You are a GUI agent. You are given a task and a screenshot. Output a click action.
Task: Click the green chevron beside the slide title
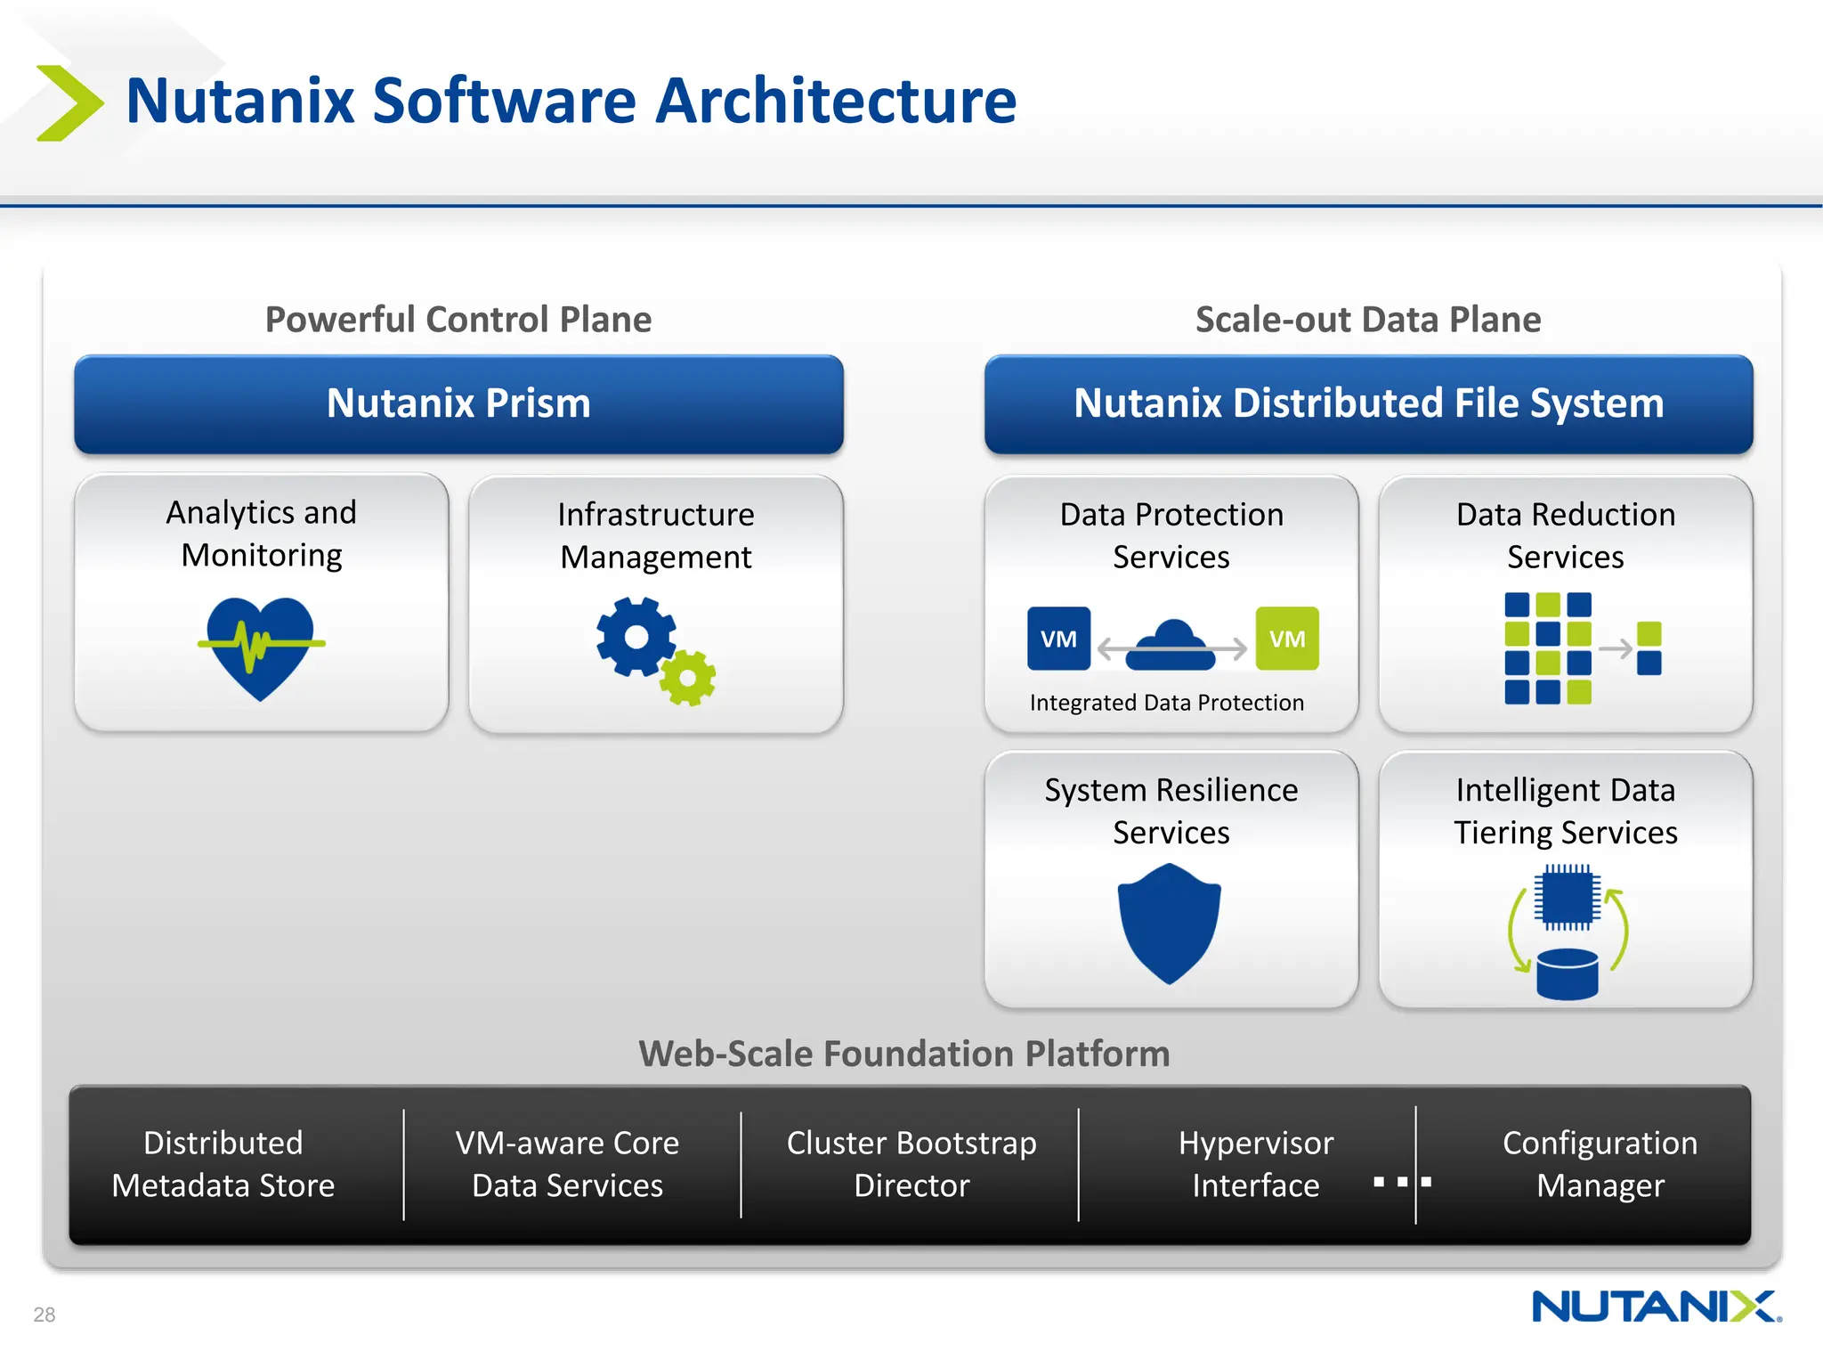pos(69,102)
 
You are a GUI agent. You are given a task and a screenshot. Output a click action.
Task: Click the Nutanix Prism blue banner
pos(458,403)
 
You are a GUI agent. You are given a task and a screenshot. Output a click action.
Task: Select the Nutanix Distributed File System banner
pos(1368,403)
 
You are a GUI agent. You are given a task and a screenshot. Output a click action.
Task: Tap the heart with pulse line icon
pos(261,647)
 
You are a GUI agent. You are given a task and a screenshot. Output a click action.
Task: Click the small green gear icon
pos(688,679)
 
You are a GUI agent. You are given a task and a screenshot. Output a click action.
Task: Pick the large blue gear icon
pos(636,636)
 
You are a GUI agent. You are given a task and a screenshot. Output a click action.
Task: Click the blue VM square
pos(1058,639)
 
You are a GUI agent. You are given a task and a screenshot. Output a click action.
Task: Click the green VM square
pos(1287,639)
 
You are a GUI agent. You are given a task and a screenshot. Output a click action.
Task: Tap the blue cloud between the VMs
pos(1171,645)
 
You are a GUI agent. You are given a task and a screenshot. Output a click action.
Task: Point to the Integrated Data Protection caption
pos(1166,703)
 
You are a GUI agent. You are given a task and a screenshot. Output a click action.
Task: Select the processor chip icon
pos(1567,897)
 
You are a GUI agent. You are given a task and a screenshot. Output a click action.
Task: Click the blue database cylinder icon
pos(1568,973)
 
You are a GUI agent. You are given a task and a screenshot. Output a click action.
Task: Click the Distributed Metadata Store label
pos(223,1164)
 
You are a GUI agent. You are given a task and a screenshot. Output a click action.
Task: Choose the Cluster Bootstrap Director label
pos(911,1164)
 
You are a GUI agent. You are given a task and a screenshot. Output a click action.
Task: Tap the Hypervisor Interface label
pos(1255,1164)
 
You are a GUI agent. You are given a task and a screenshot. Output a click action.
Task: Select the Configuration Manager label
pos(1600,1164)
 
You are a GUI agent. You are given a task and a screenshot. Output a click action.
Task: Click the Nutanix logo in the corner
pos(1656,1307)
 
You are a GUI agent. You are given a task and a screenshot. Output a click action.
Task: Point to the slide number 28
pos(45,1315)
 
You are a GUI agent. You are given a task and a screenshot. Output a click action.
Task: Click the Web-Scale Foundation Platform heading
pos(903,1054)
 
